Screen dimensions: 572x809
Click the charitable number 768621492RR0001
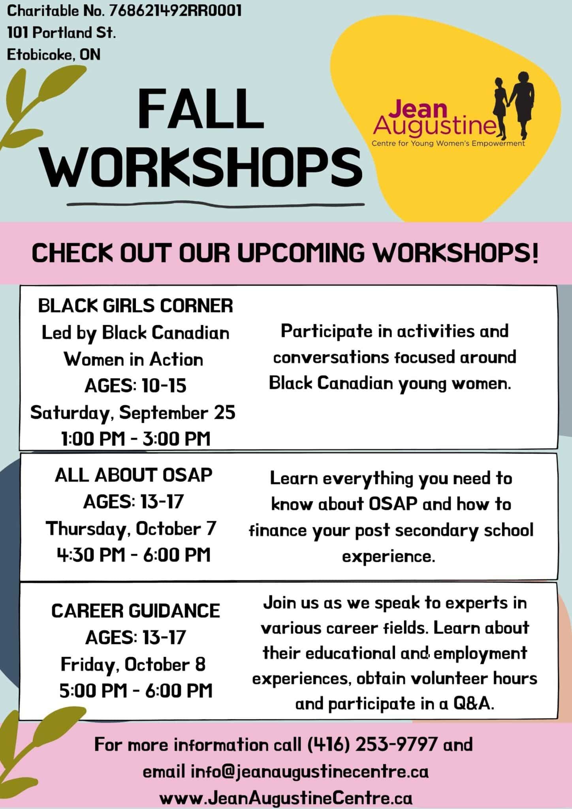175,11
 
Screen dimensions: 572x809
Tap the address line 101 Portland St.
62,33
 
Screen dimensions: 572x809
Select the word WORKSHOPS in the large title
201,166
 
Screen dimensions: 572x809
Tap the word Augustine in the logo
435,126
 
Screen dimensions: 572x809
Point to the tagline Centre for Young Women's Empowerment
448,144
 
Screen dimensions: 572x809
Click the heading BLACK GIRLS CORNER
135,306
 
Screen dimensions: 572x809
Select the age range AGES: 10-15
135,386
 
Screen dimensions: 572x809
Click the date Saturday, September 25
133,413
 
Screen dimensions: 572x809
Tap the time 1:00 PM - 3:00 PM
135,439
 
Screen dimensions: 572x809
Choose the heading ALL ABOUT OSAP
134,475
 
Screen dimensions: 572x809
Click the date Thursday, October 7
131,529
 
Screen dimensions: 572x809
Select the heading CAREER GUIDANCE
135,611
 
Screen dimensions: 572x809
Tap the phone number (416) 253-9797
372,745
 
